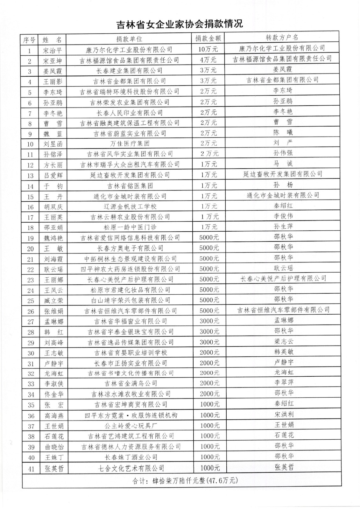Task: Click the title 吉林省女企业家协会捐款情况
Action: (180, 24)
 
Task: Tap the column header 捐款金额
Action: (208, 38)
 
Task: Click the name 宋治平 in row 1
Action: (53, 50)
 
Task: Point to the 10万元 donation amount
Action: (208, 49)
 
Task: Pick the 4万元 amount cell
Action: (208, 60)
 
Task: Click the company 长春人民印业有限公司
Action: (130, 113)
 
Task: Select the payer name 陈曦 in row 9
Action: (283, 132)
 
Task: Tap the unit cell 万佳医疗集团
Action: (130, 143)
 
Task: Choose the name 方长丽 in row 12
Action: (53, 165)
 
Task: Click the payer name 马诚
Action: (283, 164)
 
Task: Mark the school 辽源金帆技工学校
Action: (130, 206)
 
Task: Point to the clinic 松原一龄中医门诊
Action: (130, 227)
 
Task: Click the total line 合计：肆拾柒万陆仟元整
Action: (185, 480)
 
